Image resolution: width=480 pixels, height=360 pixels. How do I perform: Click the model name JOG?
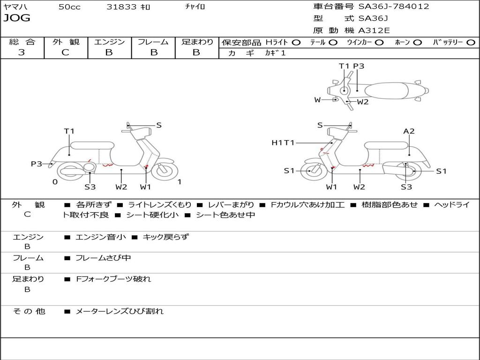coord(17,18)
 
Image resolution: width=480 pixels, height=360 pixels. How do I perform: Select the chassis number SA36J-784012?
coord(394,6)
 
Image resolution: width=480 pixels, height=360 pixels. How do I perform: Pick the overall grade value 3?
coord(22,52)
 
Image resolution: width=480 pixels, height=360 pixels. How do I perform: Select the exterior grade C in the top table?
coord(65,52)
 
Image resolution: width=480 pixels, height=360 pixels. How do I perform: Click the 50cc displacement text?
coord(69,7)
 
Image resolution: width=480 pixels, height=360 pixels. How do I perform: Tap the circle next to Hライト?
coord(296,43)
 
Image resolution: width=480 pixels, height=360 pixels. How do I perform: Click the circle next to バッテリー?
coord(471,43)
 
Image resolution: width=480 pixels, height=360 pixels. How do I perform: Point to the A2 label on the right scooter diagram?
coord(409,131)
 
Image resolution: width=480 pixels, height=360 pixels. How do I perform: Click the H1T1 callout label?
coord(283,142)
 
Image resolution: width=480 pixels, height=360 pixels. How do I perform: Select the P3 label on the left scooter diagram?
coord(37,164)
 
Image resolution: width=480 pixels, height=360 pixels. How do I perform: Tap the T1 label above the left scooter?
coord(69,131)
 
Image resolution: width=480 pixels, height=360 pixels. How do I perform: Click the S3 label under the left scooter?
coord(90,187)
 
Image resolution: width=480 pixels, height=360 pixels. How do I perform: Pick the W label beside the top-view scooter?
coord(317,100)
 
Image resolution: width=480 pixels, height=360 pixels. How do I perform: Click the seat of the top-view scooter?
coord(387,91)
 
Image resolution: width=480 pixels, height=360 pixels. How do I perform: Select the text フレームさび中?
coord(103,258)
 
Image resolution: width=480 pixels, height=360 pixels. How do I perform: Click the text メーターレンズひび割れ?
coord(120,311)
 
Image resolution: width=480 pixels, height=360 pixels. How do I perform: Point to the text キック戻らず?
coord(166,237)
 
